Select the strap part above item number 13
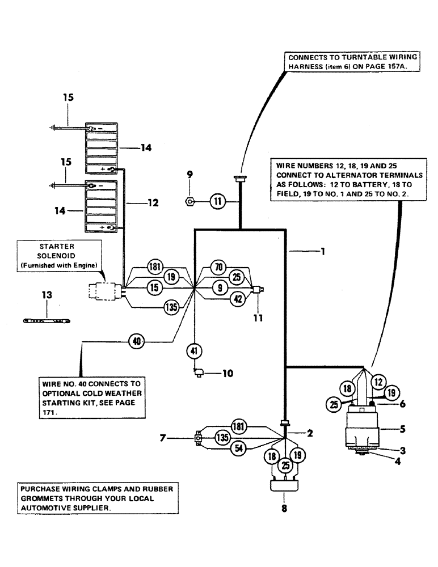pyautogui.click(x=47, y=321)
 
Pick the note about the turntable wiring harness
pyautogui.click(x=353, y=61)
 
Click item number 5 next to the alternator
pyautogui.click(x=386, y=429)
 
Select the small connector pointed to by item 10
pyautogui.click(x=199, y=372)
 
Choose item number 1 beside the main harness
pyautogui.click(x=322, y=251)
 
